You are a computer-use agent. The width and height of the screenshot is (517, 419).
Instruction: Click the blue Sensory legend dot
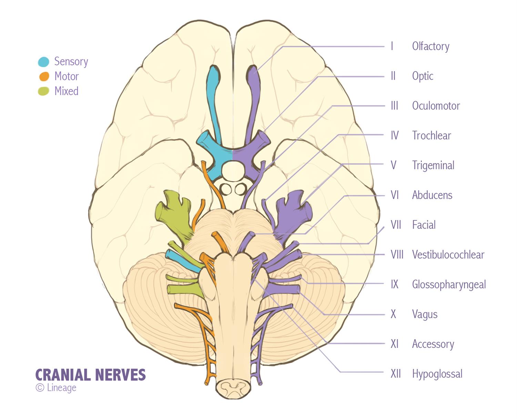click(43, 62)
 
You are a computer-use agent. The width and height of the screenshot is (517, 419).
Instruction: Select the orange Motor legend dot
click(43, 76)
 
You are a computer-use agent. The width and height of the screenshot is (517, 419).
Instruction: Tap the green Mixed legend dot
click(43, 91)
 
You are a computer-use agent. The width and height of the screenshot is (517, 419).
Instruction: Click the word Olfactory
click(430, 46)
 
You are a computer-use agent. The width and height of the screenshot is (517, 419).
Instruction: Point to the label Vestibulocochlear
click(448, 255)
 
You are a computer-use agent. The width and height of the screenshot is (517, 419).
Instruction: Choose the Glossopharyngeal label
click(449, 285)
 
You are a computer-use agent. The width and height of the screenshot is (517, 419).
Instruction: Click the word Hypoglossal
click(437, 374)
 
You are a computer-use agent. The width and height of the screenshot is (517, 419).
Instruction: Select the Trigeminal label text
click(433, 166)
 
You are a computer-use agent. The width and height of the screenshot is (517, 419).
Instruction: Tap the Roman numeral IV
click(395, 136)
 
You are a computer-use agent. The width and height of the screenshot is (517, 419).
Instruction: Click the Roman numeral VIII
click(397, 255)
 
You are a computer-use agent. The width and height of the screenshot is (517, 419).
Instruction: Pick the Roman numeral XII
click(396, 374)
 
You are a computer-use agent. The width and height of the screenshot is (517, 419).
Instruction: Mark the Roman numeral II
click(393, 76)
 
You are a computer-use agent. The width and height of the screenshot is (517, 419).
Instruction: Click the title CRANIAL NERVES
click(90, 375)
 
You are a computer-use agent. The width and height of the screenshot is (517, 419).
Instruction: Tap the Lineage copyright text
click(56, 388)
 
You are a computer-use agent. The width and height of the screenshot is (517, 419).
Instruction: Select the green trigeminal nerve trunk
click(176, 214)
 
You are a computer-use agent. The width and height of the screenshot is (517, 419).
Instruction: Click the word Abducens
click(432, 195)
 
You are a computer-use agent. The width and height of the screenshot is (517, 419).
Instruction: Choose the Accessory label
click(433, 344)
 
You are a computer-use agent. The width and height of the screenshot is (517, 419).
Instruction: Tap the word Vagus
click(425, 315)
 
